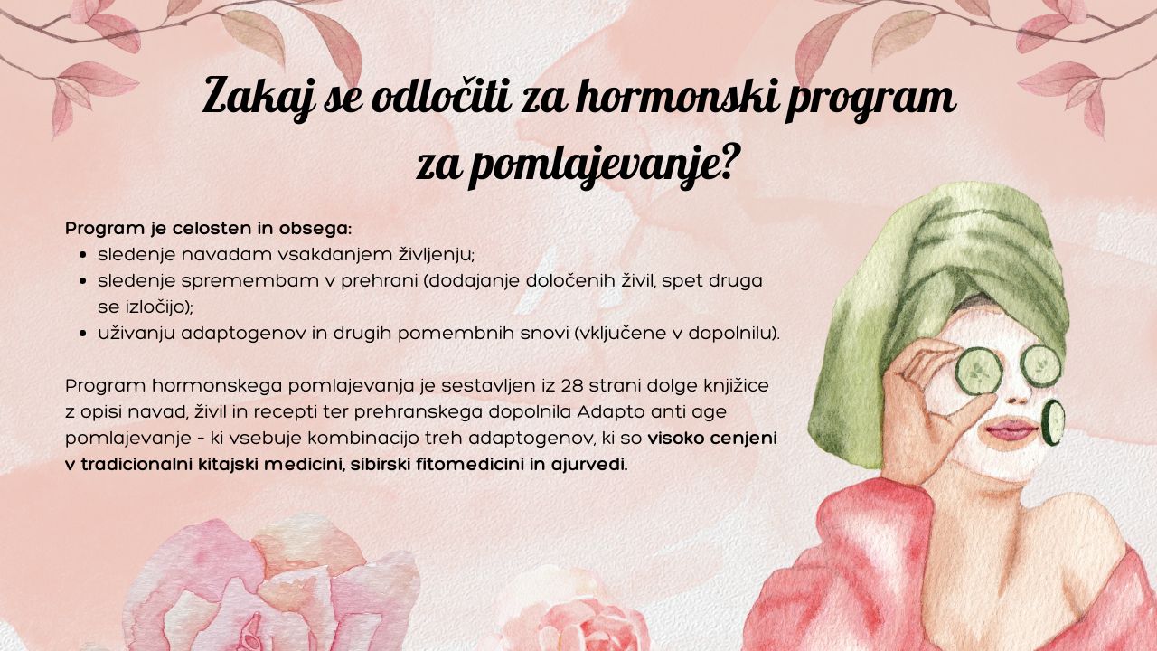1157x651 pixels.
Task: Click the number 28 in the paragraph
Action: pyautogui.click(x=572, y=386)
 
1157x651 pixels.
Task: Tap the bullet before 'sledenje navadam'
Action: pyautogui.click(x=82, y=255)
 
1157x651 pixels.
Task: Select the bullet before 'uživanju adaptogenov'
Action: pyautogui.click(x=82, y=334)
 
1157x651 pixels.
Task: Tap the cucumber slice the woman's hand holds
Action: pyautogui.click(x=978, y=371)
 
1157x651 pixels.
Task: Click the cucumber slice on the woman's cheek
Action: pyautogui.click(x=1053, y=422)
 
